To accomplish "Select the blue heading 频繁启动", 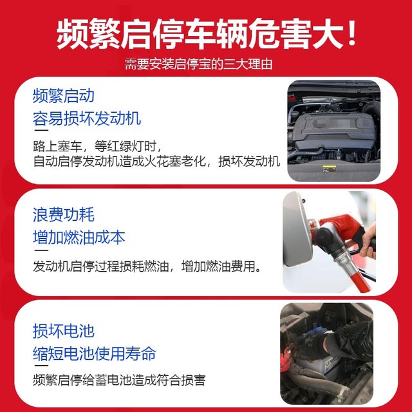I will coord(63,97).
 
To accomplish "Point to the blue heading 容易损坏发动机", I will coord(87,119).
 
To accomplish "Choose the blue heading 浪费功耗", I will coord(63,214).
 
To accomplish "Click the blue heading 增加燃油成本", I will coord(79,237).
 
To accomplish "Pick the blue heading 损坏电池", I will coord(63,331).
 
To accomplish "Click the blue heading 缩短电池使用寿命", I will coord(94,353).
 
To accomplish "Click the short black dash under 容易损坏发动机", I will coord(40,133).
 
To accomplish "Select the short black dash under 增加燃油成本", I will coord(40,250).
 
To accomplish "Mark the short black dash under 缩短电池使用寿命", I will coord(40,367).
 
